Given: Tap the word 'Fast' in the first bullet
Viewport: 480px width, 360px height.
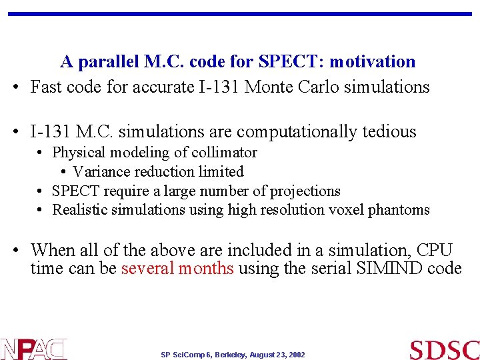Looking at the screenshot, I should click(x=46, y=87).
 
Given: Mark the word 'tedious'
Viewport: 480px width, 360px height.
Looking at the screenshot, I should click(x=386, y=132).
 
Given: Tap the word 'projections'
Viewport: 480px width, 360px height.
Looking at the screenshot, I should click(x=305, y=191).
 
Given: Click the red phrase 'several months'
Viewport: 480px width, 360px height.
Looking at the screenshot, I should click(x=177, y=269).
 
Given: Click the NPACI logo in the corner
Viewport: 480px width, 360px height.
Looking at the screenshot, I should click(x=33, y=349).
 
